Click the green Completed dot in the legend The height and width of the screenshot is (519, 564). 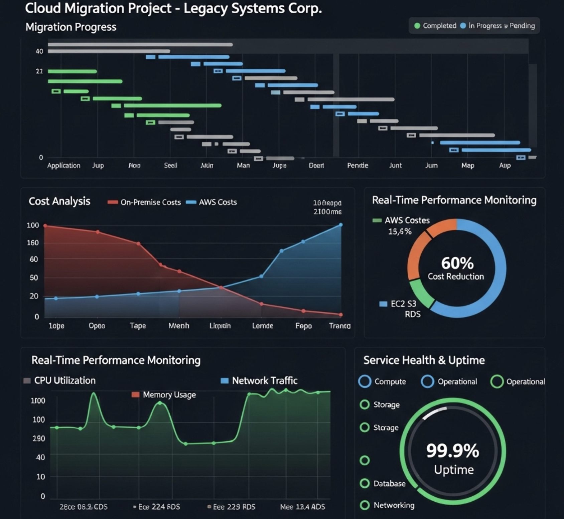click(x=417, y=26)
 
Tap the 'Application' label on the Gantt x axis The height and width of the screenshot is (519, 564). click(x=63, y=165)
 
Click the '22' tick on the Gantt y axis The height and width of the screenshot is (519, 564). click(x=39, y=71)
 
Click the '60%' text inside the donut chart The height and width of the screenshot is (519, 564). click(x=457, y=263)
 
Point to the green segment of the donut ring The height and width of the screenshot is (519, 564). click(x=420, y=293)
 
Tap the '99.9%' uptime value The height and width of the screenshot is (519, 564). click(x=452, y=451)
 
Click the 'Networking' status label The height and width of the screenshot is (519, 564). click(x=394, y=505)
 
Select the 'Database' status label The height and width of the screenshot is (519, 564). click(x=389, y=483)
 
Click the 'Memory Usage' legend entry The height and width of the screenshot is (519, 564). click(x=169, y=395)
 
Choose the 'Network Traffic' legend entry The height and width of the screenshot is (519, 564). click(x=264, y=381)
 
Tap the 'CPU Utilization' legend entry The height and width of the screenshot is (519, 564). click(x=64, y=381)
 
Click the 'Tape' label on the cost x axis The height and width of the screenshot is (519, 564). click(x=138, y=326)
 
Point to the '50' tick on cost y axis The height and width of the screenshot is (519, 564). click(x=34, y=278)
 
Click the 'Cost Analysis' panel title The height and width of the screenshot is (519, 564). click(x=59, y=201)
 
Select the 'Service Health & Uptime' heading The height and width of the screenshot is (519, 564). click(x=424, y=360)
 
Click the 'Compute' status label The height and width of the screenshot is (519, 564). click(x=390, y=382)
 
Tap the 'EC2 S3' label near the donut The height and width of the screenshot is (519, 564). click(x=403, y=304)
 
